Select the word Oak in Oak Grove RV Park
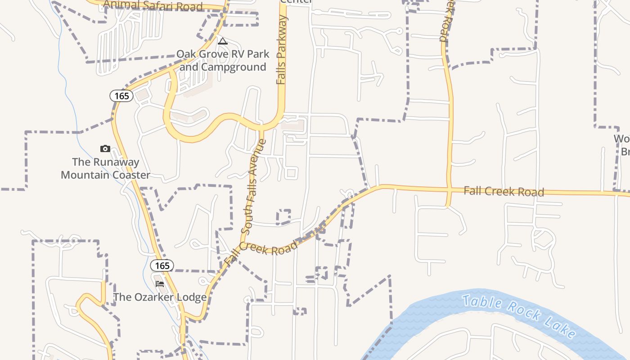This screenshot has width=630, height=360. (x=186, y=54)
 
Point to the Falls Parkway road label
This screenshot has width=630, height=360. (x=282, y=49)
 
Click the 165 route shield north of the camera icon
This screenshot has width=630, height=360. (x=121, y=95)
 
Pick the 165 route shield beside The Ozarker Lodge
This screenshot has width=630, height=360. (x=162, y=265)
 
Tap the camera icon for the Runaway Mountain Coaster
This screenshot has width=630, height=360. (x=105, y=149)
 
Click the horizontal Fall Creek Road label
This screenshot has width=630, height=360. (x=504, y=191)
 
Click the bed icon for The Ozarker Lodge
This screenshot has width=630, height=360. (x=160, y=284)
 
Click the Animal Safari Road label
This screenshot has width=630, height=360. (x=153, y=5)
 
